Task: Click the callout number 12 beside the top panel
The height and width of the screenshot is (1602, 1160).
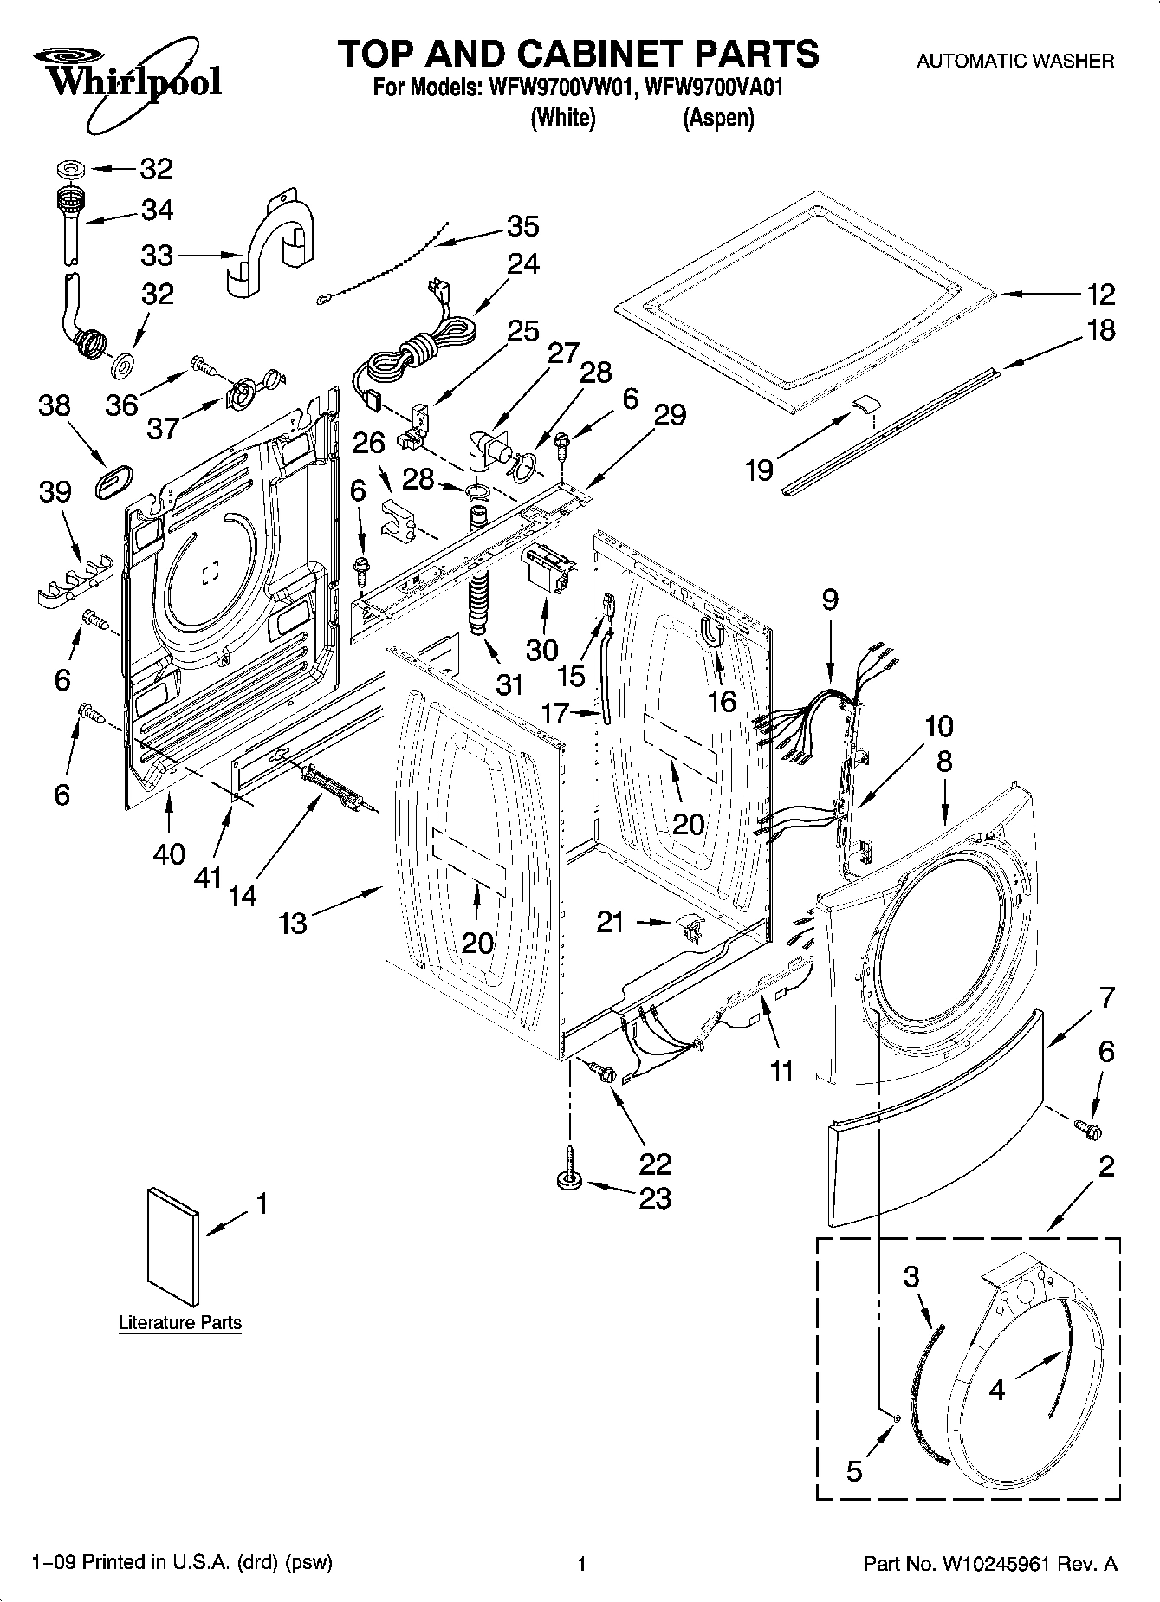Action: point(1101,295)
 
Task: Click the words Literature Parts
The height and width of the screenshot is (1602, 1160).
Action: point(179,1323)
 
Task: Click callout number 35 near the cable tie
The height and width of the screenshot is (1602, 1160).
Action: point(522,226)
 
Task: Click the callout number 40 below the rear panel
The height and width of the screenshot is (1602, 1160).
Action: point(169,853)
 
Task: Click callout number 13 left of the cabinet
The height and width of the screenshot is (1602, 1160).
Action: point(293,924)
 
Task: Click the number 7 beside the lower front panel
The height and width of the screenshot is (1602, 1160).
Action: point(1106,997)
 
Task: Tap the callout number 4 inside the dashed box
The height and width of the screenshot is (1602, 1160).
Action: point(996,1390)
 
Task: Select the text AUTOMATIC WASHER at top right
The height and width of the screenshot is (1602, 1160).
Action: point(1015,61)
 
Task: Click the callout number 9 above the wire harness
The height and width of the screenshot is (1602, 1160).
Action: point(830,600)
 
